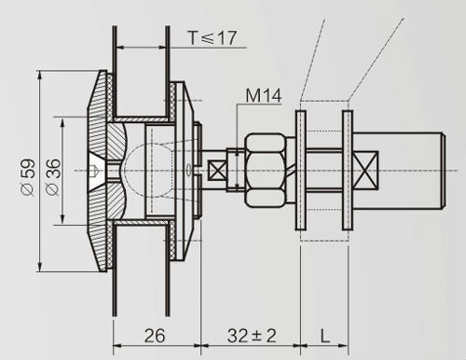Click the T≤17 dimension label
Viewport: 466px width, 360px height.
(212, 38)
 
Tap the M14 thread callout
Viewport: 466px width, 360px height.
(264, 96)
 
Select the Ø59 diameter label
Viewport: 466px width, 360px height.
(28, 177)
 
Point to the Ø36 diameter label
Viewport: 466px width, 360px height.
(52, 177)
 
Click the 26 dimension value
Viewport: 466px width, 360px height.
(155, 336)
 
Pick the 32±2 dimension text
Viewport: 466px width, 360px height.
(252, 336)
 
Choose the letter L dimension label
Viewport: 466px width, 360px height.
(325, 336)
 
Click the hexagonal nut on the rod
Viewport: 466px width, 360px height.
(266, 170)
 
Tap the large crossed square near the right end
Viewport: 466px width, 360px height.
(366, 171)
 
